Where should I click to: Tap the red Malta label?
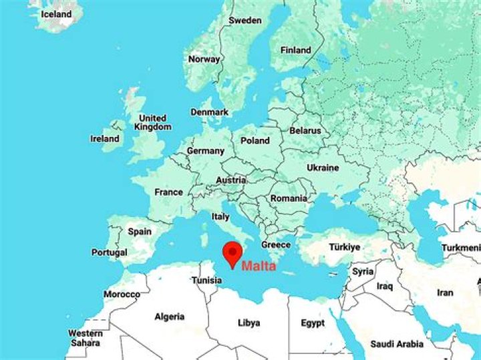258,266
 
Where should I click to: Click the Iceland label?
56,13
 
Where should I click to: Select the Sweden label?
245,20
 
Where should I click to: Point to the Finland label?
296,50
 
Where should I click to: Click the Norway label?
204,59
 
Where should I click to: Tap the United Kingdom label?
152,122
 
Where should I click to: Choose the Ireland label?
105,139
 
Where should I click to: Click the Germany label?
205,151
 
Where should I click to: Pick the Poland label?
255,140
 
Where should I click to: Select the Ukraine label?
322,168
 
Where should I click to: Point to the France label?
168,192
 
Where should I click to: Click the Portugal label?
110,253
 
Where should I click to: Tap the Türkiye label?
344,247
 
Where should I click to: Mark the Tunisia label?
206,281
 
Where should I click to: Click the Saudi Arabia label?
397,344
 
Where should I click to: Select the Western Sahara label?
86,338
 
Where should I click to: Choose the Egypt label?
313,323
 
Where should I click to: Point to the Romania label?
289,198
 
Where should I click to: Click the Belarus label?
305,131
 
